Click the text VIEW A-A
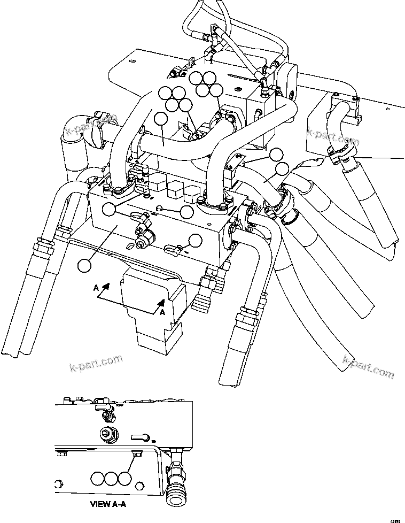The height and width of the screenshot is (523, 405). (x=109, y=503)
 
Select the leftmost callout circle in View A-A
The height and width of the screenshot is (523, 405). (x=97, y=478)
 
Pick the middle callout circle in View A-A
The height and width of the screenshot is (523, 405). (x=111, y=478)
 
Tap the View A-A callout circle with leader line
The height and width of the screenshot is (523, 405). (x=124, y=478)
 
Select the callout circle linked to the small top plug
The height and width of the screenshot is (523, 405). (x=186, y=212)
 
